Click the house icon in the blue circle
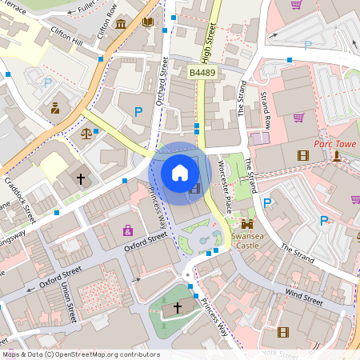point(180,172)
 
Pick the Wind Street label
point(304,297)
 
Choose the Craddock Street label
point(19,197)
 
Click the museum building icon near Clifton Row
point(120,24)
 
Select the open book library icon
point(148,22)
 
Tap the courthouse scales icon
point(86,132)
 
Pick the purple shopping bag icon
point(128,230)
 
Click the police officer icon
point(55,107)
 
